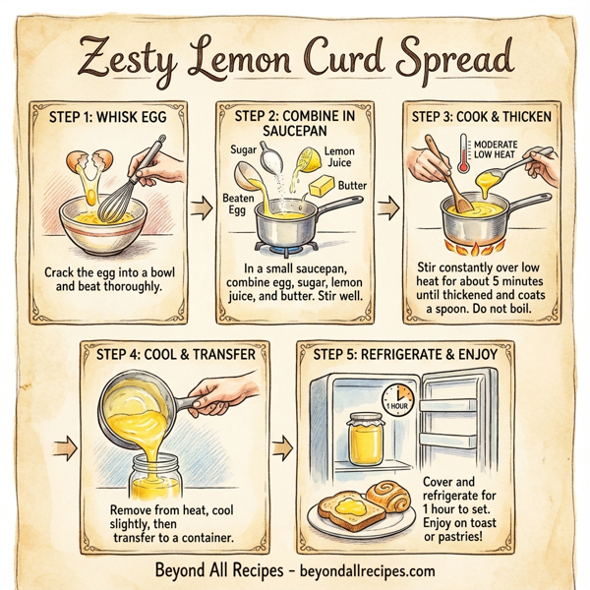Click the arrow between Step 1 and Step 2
pyautogui.click(x=202, y=207)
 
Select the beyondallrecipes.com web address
pyautogui.click(x=363, y=569)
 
